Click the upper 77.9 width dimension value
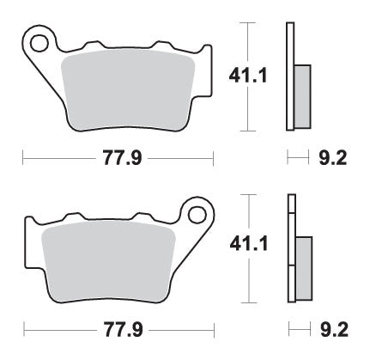tap(118, 159)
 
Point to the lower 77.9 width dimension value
tap(118, 329)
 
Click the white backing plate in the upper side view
tap(289, 77)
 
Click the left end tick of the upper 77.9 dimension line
tap(23, 159)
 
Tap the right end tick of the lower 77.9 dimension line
tap(212, 329)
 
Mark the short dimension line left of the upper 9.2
tap(297, 159)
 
